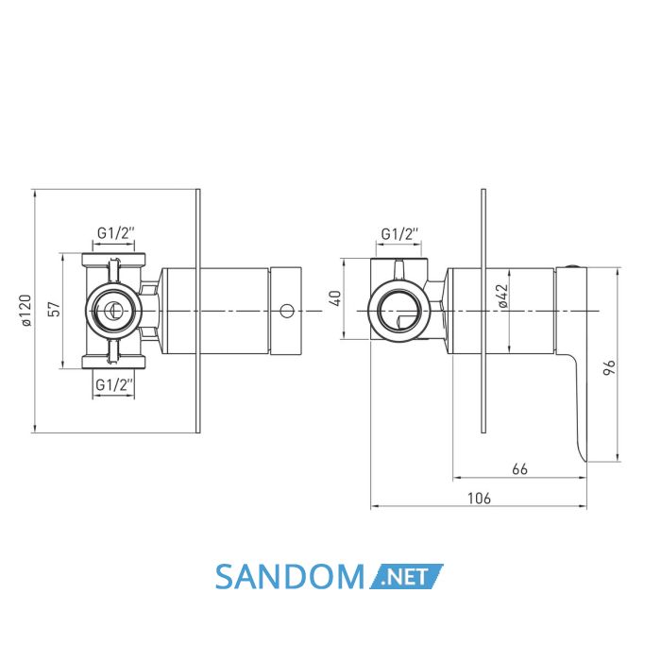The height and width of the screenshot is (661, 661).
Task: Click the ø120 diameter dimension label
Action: click(26, 311)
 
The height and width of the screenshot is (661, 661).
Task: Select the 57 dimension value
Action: click(56, 309)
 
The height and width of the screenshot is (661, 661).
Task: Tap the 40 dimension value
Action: click(336, 298)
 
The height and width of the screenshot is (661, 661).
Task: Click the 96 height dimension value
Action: click(609, 367)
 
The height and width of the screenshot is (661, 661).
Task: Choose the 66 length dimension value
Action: click(519, 468)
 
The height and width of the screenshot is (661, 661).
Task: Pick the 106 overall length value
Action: click(480, 498)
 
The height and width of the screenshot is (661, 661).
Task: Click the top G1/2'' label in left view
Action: click(115, 232)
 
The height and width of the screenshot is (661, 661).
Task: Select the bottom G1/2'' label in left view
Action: click(114, 384)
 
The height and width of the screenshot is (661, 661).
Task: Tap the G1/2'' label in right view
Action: click(399, 233)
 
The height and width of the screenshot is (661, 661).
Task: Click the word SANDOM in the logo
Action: click(290, 577)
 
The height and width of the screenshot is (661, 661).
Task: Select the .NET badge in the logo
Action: click(406, 576)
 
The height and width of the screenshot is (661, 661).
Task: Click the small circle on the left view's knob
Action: click(287, 311)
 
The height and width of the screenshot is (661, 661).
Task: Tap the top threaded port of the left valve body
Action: click(113, 259)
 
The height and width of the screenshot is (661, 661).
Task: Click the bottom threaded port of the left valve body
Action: click(113, 363)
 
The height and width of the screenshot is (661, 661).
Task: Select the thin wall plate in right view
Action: click(483, 311)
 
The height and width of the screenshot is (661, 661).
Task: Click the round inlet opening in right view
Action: click(399, 311)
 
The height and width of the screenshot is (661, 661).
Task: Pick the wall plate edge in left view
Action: click(197, 311)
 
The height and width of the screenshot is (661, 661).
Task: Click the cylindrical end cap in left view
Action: click(286, 311)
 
